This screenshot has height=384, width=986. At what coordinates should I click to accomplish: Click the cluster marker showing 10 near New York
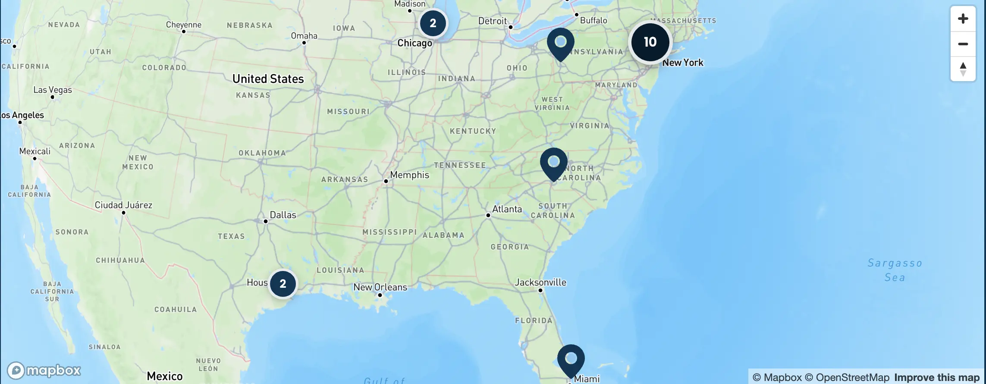(x=650, y=42)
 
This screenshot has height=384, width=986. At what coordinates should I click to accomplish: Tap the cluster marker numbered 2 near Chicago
(x=433, y=23)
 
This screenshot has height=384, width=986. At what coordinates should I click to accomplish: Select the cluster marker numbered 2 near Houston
(x=283, y=284)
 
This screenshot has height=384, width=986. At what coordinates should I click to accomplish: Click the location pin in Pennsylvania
(x=560, y=43)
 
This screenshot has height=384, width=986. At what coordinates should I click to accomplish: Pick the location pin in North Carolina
(x=554, y=163)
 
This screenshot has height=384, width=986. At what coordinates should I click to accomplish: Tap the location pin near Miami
(x=571, y=359)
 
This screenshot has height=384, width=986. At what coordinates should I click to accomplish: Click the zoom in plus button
(x=963, y=19)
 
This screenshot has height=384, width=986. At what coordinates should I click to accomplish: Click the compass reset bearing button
(x=963, y=69)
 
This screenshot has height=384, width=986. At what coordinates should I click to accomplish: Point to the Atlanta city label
(x=507, y=209)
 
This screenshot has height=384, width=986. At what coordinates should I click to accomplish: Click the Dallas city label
(x=283, y=215)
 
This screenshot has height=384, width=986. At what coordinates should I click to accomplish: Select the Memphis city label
(x=409, y=175)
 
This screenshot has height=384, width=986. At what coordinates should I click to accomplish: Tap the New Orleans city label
(x=380, y=287)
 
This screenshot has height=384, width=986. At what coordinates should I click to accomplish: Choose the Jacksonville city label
(x=540, y=283)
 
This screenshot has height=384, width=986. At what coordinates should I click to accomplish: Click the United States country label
(x=268, y=79)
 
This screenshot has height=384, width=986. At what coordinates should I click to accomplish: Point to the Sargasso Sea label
(x=895, y=270)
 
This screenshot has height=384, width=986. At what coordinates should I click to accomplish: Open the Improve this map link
(x=936, y=378)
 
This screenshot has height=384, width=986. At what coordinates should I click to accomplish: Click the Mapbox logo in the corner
(x=44, y=370)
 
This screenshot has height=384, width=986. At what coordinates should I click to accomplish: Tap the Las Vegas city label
(x=53, y=90)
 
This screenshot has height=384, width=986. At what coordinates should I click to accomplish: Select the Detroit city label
(x=493, y=21)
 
